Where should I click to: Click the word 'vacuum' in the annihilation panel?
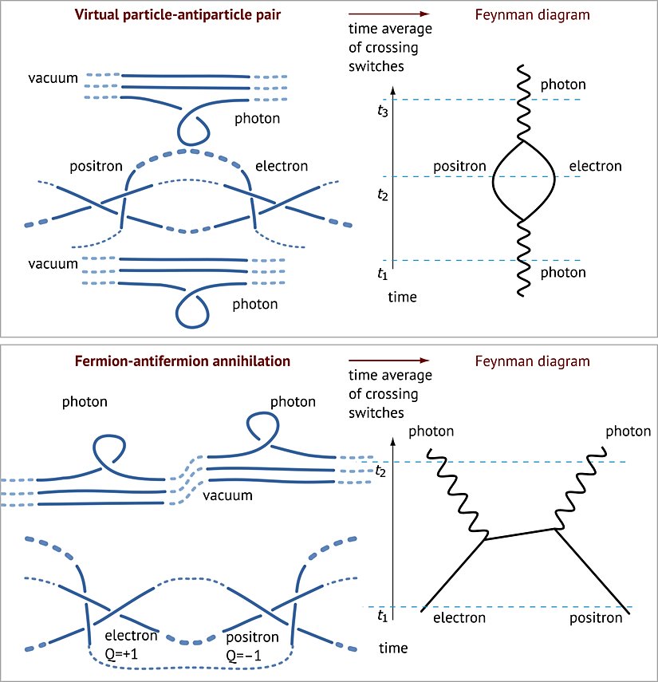[x=227, y=495]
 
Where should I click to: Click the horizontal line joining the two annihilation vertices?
[x=520, y=534]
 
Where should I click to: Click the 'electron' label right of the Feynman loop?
[x=595, y=167]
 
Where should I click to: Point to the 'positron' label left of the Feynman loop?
[x=459, y=167]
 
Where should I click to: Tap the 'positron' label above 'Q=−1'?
[x=252, y=637]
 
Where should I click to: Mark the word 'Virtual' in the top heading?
[x=94, y=15]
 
